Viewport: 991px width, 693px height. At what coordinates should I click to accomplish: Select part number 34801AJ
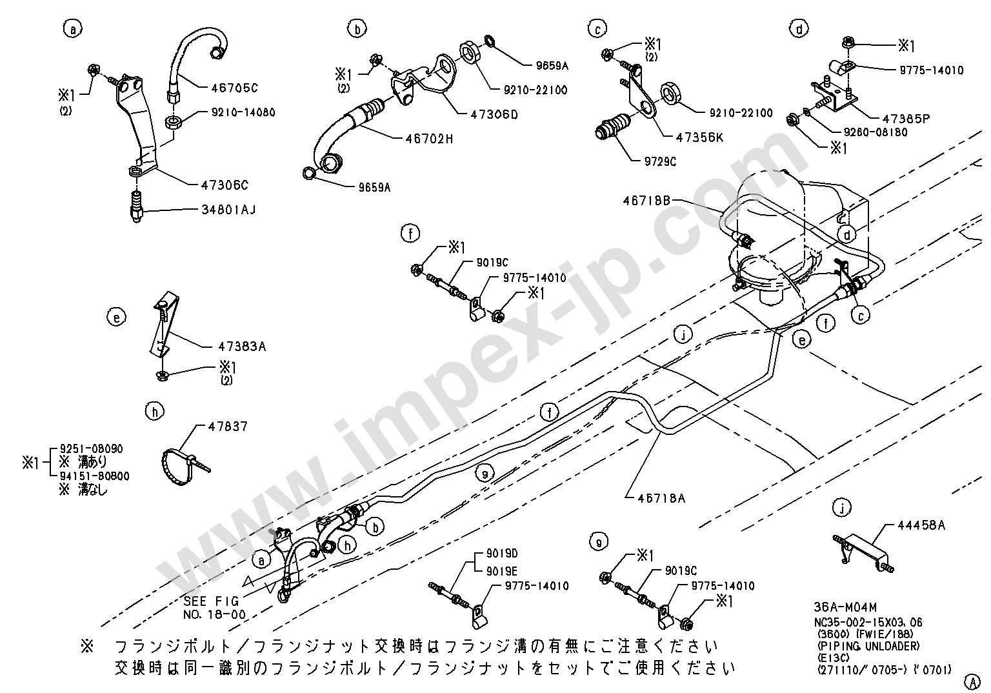226,209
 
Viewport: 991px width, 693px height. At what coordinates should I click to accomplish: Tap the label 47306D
494,115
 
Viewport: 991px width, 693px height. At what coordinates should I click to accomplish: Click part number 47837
228,427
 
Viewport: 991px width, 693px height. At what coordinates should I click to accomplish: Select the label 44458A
921,525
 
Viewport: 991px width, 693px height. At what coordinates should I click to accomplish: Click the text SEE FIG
211,601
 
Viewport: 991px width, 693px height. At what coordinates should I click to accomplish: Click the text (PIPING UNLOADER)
868,647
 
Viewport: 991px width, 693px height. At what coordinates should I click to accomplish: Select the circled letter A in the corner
972,681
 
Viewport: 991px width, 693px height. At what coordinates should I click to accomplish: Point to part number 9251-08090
91,448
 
